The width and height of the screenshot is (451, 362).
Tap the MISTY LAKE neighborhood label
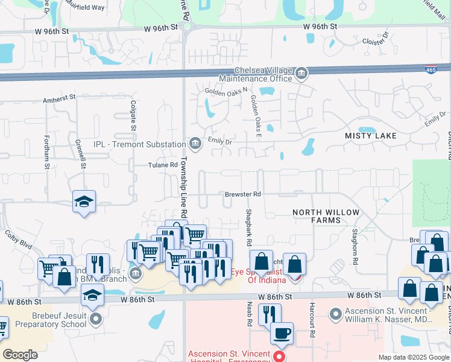point(371,136)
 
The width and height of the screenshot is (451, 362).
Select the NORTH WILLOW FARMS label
point(326,216)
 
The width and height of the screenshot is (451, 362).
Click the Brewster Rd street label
point(243,194)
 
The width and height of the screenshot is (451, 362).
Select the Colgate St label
point(133,115)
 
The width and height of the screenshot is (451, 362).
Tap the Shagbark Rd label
point(248,227)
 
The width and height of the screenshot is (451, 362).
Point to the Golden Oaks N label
point(227,92)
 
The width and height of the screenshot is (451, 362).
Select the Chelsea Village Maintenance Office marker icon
point(301,75)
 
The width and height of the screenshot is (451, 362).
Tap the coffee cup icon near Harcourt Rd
point(282,332)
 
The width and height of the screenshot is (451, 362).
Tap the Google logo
point(20,355)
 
